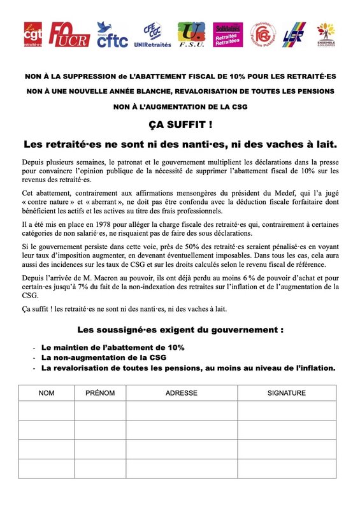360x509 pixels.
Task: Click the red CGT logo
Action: (32, 34)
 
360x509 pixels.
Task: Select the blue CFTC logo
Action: (113, 34)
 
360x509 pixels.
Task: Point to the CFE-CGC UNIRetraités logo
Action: (152, 35)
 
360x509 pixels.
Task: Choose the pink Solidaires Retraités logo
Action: (227, 34)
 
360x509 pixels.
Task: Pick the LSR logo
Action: (294, 34)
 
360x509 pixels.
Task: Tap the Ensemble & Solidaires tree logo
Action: (327, 35)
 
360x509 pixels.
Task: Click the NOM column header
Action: (47, 393)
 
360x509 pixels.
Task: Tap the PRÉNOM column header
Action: (100, 393)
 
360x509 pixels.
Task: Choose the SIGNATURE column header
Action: (286, 393)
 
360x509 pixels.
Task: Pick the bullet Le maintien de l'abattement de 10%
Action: (113, 347)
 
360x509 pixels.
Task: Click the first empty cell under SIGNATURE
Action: (286, 411)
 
